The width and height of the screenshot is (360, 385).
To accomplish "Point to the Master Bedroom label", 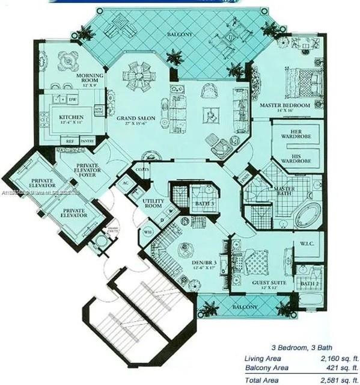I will click(284, 105).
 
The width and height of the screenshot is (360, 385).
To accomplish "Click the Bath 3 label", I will click(205, 204).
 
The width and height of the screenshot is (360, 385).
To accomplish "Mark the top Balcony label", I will click(180, 35).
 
